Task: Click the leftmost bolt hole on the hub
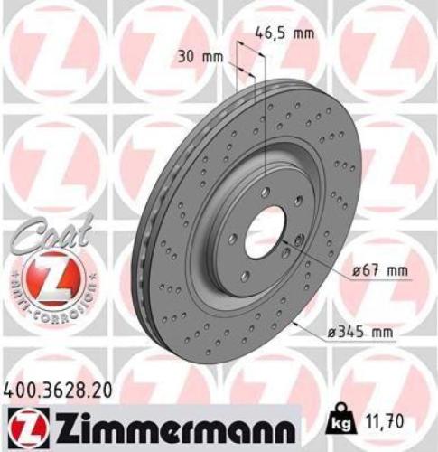coord(233,238)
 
